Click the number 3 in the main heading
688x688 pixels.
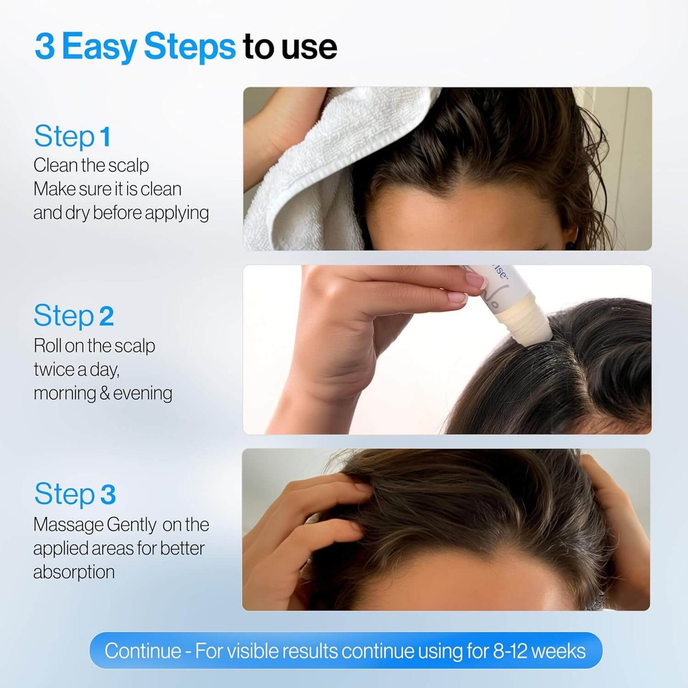pyautogui.click(x=45, y=47)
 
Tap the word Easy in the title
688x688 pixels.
pyautogui.click(x=99, y=47)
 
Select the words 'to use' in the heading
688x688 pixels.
pyautogui.click(x=289, y=47)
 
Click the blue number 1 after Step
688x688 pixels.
pyautogui.click(x=106, y=137)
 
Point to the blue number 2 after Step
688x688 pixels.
pyautogui.click(x=106, y=316)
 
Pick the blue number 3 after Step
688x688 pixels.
pyautogui.click(x=108, y=494)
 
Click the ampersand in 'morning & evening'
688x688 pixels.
pyautogui.click(x=105, y=393)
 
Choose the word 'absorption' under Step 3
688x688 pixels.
pyautogui.click(x=74, y=572)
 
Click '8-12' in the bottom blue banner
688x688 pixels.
pyautogui.click(x=509, y=651)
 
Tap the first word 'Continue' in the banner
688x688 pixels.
pyautogui.click(x=143, y=651)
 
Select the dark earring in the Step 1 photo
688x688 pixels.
pyautogui.click(x=570, y=245)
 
